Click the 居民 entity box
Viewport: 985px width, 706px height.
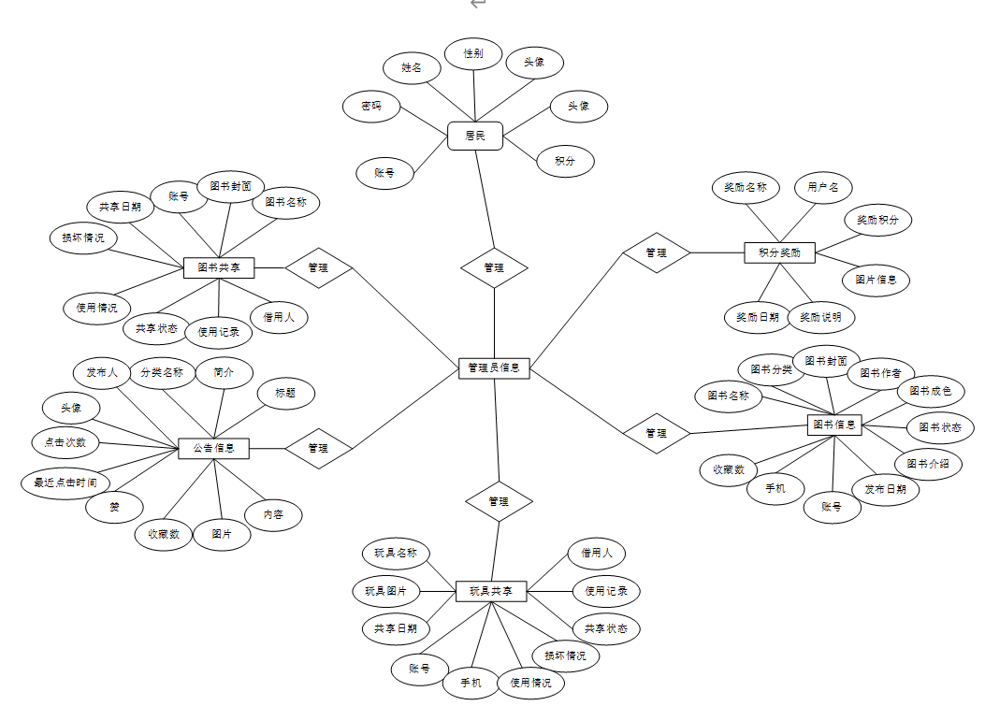[475, 136]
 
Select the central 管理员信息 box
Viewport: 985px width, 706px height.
[495, 368]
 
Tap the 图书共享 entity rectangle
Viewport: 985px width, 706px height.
[219, 267]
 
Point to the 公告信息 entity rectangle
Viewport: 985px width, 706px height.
[213, 448]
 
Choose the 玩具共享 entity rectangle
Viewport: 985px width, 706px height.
[491, 591]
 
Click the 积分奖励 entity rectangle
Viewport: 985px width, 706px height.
[779, 252]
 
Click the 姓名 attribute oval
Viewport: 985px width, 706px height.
[412, 67]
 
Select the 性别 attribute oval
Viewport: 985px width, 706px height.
[473, 54]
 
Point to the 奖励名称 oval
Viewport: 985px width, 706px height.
[745, 187]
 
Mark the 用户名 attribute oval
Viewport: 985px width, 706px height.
[823, 187]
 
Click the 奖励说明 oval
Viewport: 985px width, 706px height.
[820, 317]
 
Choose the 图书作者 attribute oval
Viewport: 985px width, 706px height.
[880, 373]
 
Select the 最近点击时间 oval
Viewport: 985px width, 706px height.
[65, 483]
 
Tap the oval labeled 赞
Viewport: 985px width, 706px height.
[114, 507]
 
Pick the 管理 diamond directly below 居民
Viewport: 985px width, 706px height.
[494, 267]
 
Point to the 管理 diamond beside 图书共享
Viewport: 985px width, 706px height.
[318, 267]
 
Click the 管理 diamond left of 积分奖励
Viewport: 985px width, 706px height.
[657, 252]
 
